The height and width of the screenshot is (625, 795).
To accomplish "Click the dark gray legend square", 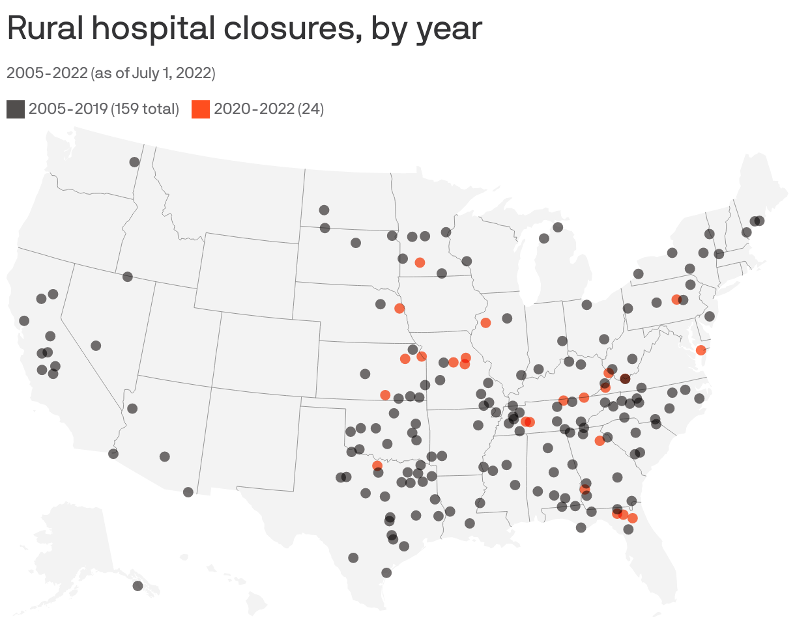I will [x=16, y=109].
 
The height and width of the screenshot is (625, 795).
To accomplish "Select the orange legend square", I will [x=201, y=109].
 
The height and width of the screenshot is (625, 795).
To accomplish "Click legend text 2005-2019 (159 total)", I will [x=104, y=109].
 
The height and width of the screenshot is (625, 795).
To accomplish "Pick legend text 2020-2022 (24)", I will [x=268, y=109].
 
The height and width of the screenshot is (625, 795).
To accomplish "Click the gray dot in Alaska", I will [x=137, y=586].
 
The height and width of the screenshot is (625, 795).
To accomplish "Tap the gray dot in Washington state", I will [x=134, y=162].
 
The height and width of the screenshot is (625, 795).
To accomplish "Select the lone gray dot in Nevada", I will [x=96, y=346].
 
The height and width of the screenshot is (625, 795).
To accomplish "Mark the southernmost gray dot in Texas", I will [x=386, y=573].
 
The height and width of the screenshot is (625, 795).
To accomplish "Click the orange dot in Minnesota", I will [x=420, y=262].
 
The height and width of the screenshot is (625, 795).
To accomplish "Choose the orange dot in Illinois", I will [x=485, y=323].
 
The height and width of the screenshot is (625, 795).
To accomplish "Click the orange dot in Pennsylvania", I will [x=676, y=299].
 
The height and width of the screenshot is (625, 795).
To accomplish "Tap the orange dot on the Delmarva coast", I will [x=701, y=350].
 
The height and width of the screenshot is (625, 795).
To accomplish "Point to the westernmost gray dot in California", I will [x=24, y=320].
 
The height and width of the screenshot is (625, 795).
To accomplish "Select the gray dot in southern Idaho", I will [x=128, y=277].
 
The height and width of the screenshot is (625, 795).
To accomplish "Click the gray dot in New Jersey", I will [x=710, y=316].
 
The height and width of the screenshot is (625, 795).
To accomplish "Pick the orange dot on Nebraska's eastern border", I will [x=399, y=308].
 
